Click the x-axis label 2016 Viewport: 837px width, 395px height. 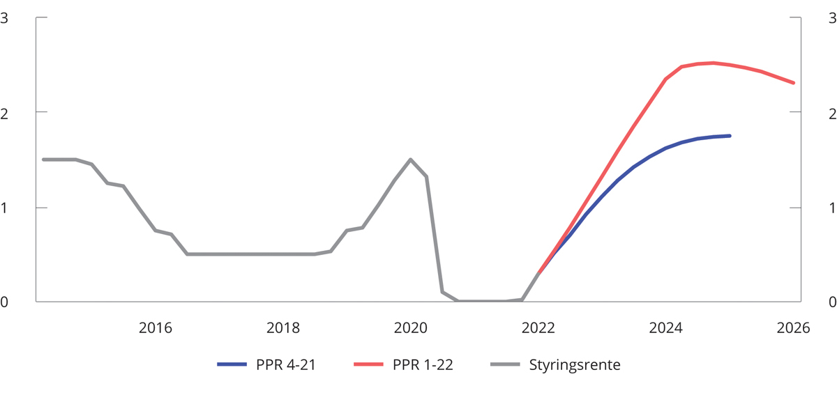[155, 327]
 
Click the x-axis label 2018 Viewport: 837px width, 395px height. [282, 327]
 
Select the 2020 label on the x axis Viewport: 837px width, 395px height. [410, 327]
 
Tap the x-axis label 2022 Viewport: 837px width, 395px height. [538, 327]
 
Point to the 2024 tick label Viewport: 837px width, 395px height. [665, 327]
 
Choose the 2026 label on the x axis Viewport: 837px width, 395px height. [793, 327]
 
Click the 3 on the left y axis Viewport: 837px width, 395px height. [4, 18]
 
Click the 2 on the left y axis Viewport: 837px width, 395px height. [4, 113]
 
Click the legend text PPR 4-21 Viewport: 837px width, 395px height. [286, 364]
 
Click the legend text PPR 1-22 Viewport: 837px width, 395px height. [423, 364]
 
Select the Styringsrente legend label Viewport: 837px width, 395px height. [574, 364]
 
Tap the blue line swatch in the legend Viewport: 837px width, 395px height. [232, 364]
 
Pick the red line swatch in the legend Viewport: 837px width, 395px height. [370, 364]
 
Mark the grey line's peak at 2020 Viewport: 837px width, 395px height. [410, 160]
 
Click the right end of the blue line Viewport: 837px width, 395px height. [730, 136]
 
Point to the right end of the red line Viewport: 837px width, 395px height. [793, 83]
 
